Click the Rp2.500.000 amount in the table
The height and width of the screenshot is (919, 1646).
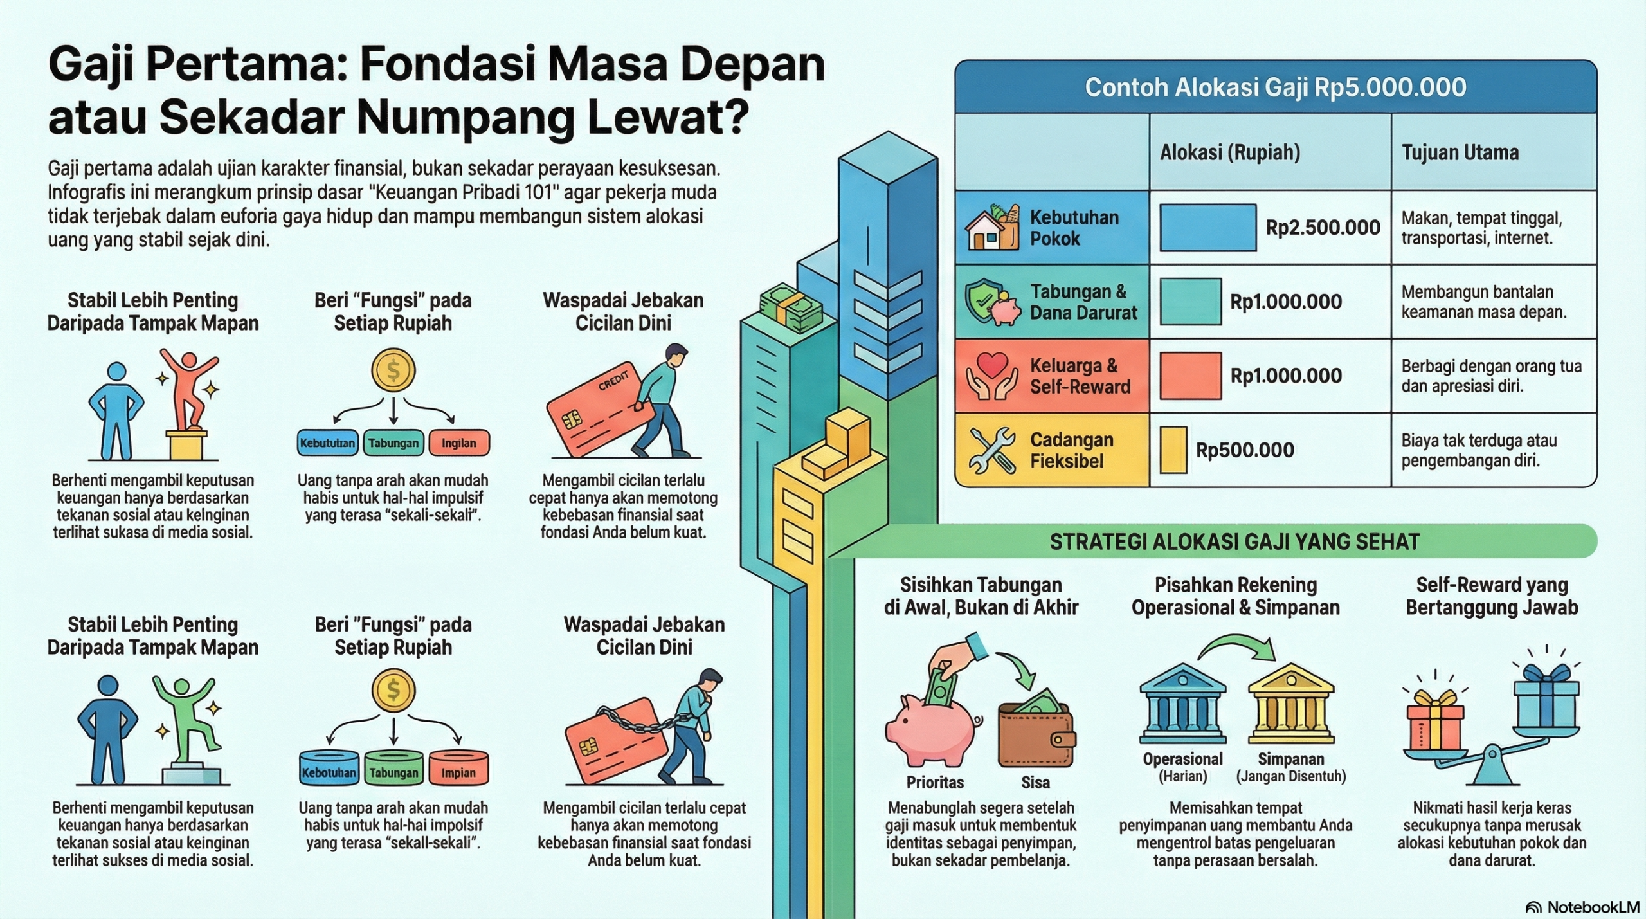coord(1323,228)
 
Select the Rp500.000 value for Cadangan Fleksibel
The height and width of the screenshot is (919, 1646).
coord(1245,450)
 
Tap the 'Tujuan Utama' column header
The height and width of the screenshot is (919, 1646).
coord(1460,152)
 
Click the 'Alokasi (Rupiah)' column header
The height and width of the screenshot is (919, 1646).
coord(1230,152)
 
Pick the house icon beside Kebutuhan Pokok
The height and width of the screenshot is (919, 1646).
coord(991,228)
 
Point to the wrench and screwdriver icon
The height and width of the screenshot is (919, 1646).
coord(991,450)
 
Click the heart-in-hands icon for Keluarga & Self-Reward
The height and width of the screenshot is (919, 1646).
coord(991,376)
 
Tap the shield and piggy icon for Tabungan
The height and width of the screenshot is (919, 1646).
coord(991,302)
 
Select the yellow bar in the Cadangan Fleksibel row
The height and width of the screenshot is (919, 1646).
coord(1173,450)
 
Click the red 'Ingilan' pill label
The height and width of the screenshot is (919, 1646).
coord(458,443)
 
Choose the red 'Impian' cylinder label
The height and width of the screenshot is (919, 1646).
coord(458,772)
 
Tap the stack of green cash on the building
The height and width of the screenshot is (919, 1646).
coord(790,307)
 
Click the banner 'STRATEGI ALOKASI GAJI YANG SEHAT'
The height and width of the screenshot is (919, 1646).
coord(1234,542)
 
